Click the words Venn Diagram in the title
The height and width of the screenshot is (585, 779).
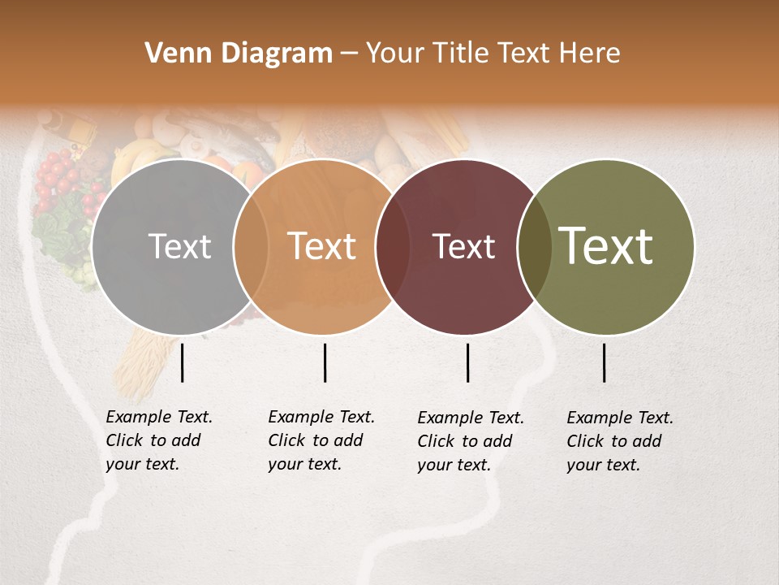click(x=238, y=54)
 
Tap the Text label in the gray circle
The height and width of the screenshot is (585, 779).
click(x=179, y=246)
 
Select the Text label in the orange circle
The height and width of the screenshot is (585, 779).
click(x=322, y=246)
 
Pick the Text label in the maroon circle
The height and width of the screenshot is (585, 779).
click(x=463, y=246)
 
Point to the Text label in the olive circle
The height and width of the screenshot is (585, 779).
click(x=605, y=246)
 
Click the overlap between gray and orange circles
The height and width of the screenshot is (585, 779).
click(x=251, y=246)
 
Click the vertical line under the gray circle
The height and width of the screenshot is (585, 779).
click(x=183, y=362)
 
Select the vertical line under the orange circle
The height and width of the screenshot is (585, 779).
click(x=325, y=362)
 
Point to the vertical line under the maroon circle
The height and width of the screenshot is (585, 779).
click(x=467, y=362)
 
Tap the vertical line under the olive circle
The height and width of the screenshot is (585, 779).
click(x=605, y=362)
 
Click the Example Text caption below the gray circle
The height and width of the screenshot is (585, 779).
click(x=159, y=440)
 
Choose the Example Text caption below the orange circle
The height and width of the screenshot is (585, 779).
click(x=321, y=440)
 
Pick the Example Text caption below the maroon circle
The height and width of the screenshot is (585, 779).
click(x=471, y=441)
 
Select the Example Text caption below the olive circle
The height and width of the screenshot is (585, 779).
click(x=620, y=441)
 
